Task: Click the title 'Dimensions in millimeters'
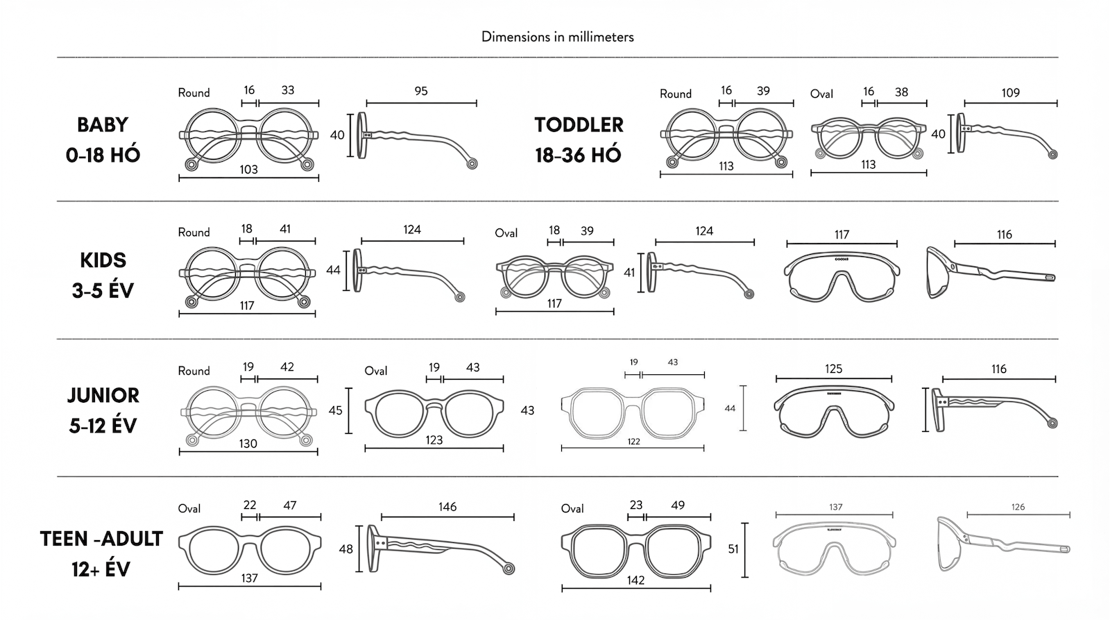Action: click(x=557, y=37)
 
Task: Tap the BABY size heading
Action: click(x=103, y=125)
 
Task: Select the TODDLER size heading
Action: click(x=579, y=125)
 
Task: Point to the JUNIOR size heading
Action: click(x=103, y=395)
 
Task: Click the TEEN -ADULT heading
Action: click(x=101, y=539)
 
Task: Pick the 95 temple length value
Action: click(x=421, y=91)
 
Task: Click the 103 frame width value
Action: click(x=248, y=169)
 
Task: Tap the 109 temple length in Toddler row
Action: click(x=1010, y=92)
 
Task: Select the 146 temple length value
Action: click(x=447, y=507)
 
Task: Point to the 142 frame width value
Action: click(x=635, y=580)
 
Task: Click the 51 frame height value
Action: click(x=733, y=549)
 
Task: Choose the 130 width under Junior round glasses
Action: click(x=248, y=444)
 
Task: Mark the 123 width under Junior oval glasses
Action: click(x=434, y=440)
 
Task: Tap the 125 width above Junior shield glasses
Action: click(x=833, y=369)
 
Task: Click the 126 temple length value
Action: click(x=1018, y=507)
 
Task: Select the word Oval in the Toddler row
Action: click(x=821, y=94)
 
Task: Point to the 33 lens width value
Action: click(x=288, y=90)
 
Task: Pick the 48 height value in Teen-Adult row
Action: click(x=345, y=549)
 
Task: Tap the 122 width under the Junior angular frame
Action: click(x=633, y=442)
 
